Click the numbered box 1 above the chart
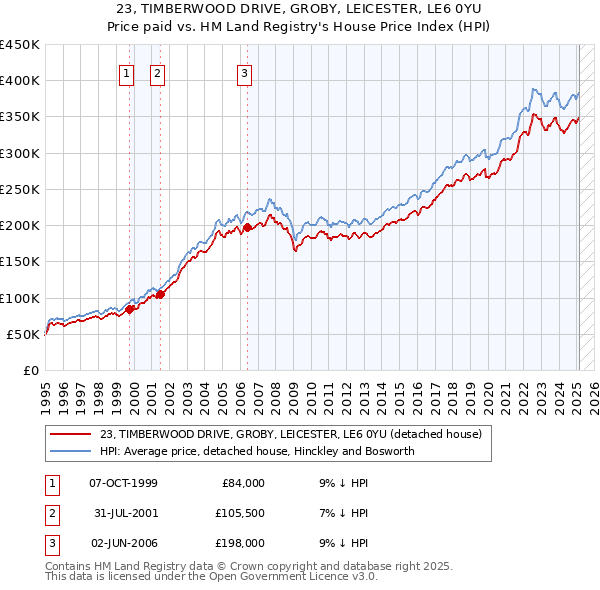click(x=128, y=72)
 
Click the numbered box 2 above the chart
click(x=158, y=72)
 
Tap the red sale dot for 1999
click(x=129, y=309)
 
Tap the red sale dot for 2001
click(x=160, y=294)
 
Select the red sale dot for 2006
click(x=247, y=228)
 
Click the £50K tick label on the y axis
click(x=24, y=334)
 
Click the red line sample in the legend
click(x=72, y=434)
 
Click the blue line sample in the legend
click(x=72, y=451)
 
